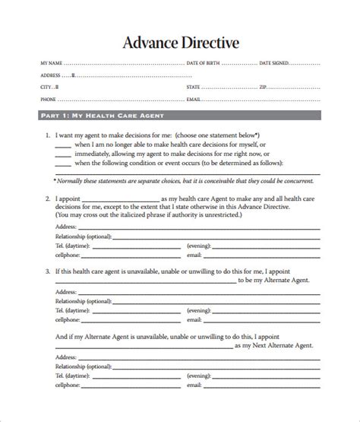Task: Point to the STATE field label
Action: [194, 87]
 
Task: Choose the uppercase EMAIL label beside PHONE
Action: [194, 99]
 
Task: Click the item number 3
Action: [47, 270]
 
